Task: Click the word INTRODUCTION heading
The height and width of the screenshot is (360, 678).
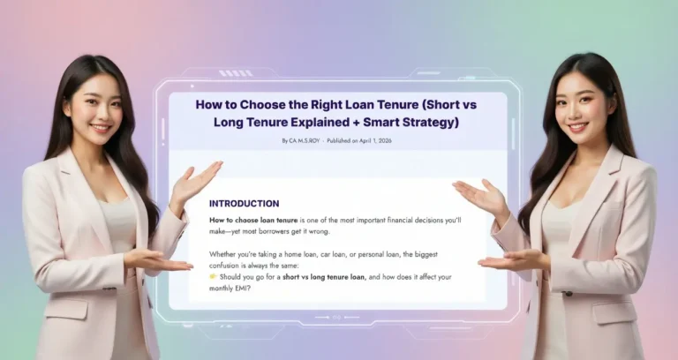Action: [244, 203]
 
